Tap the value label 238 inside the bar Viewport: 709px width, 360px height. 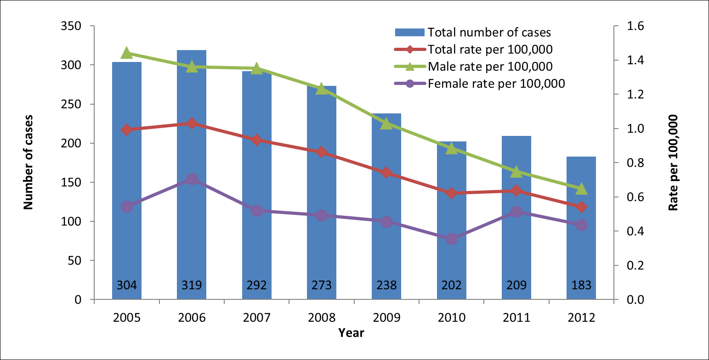pyautogui.click(x=386, y=286)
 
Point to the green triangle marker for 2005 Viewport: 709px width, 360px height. pyautogui.click(x=127, y=53)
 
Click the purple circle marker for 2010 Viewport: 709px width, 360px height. pyautogui.click(x=452, y=239)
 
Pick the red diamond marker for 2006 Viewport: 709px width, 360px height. pyautogui.click(x=192, y=123)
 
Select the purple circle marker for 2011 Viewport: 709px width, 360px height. pyautogui.click(x=516, y=212)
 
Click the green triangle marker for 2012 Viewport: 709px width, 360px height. pyautogui.click(x=581, y=189)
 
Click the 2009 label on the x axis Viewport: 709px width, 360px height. pyautogui.click(x=386, y=317)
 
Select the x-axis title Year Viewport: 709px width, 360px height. pyautogui.click(x=351, y=333)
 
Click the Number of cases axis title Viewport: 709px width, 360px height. pyautogui.click(x=29, y=163)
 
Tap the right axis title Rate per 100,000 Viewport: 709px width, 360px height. pyautogui.click(x=674, y=163)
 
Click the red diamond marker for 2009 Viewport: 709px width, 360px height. pyautogui.click(x=386, y=173)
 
